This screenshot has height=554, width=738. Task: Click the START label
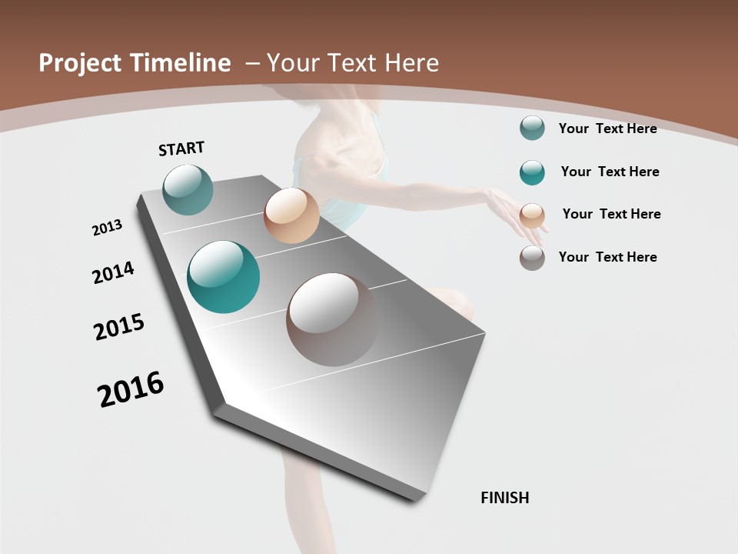[x=181, y=149]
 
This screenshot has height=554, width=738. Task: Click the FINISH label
[x=504, y=498]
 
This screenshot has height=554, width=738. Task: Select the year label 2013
[x=107, y=228]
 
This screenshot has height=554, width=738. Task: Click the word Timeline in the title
[x=181, y=63]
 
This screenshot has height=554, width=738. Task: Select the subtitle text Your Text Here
[x=352, y=63]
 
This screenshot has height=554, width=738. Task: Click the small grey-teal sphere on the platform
[x=188, y=189]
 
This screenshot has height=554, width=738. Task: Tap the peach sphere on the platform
[x=291, y=215]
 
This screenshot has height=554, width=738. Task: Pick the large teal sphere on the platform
[x=224, y=277]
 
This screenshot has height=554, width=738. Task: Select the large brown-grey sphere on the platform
[x=332, y=319]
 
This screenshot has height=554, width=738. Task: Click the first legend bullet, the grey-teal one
[x=532, y=128]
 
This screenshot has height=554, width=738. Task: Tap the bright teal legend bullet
[x=532, y=172]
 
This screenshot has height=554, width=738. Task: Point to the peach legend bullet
[x=532, y=215]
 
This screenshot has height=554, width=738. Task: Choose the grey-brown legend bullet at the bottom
[x=532, y=258]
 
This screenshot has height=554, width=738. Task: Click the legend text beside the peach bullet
[x=611, y=214]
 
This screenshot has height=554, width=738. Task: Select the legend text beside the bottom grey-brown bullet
[x=607, y=257]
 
